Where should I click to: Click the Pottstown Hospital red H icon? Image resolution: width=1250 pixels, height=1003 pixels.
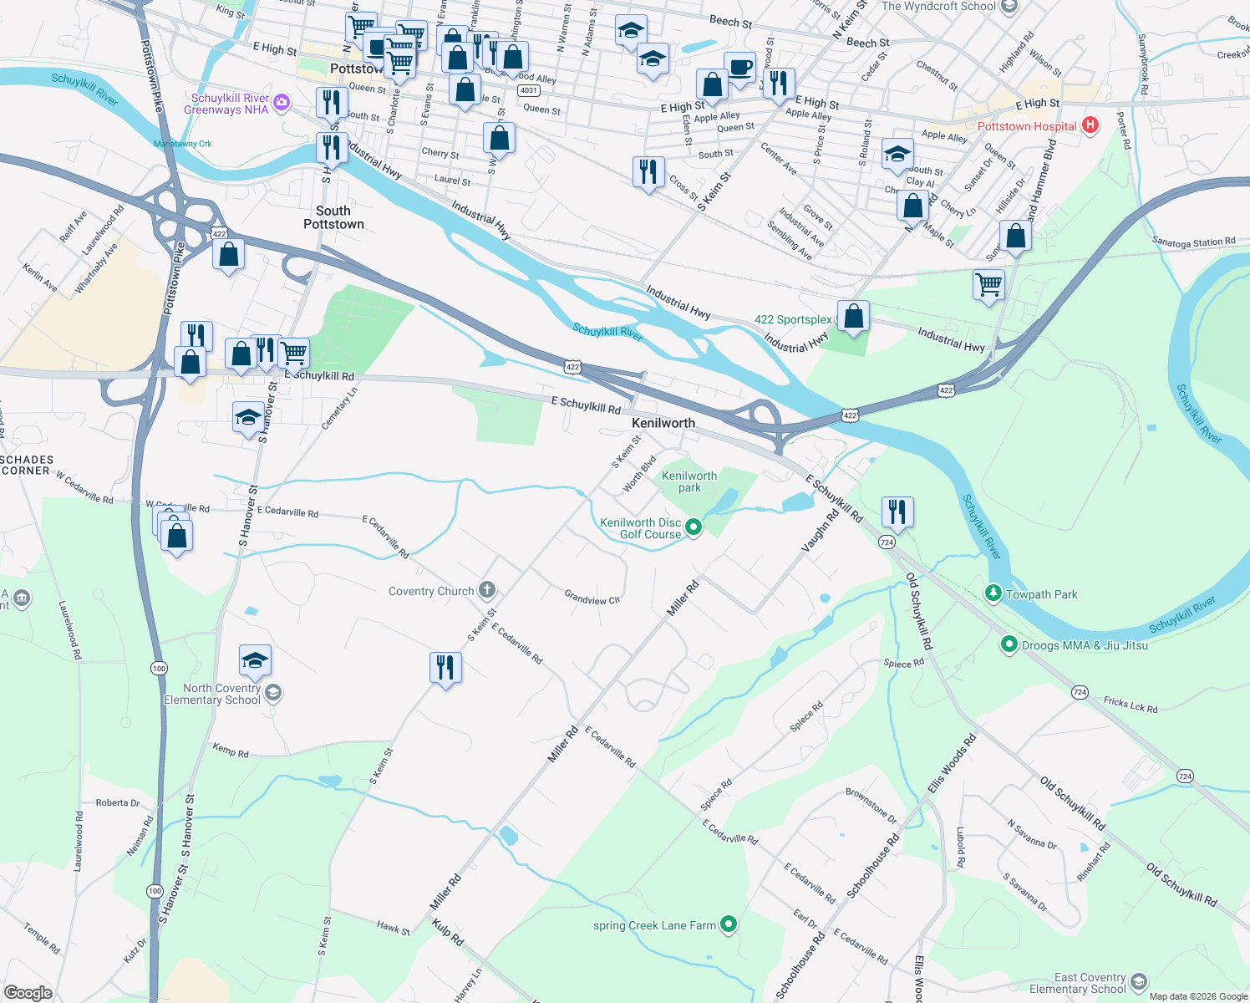1090,125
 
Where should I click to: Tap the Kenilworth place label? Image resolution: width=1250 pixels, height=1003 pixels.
663,423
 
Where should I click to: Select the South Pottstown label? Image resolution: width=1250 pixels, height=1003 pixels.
333,217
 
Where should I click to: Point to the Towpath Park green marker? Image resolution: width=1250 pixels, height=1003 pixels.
993,594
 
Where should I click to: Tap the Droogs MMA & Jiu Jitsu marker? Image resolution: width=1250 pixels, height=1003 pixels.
1009,645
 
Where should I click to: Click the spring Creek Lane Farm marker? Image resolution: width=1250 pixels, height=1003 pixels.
729,924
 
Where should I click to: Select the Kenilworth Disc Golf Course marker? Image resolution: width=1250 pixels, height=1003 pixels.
693,527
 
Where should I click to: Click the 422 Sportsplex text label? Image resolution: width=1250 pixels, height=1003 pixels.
793,319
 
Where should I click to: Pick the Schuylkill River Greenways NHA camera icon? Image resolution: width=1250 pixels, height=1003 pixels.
282,103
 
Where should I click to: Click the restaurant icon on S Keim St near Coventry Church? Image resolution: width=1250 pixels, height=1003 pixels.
445,668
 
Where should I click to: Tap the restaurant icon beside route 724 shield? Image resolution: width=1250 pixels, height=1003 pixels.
897,512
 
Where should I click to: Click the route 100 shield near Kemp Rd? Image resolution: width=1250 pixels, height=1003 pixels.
159,668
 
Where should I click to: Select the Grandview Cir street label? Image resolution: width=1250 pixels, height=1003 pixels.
592,598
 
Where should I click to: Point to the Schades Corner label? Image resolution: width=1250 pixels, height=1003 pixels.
27,466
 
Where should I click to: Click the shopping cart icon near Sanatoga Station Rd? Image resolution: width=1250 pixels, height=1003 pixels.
989,284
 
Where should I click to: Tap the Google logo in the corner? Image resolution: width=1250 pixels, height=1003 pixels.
28,992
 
